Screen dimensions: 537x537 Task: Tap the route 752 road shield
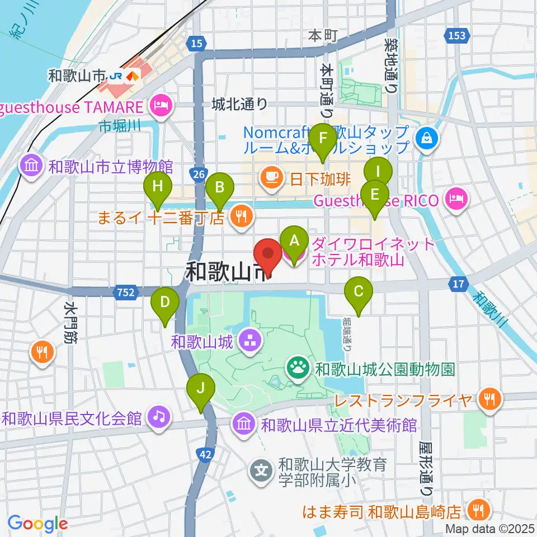pos(126,291)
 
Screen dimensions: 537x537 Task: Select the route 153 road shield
pos(456,35)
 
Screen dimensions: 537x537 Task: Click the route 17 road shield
pos(459,285)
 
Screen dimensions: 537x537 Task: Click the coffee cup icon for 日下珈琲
pos(271,178)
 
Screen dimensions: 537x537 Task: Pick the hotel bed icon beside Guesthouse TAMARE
pos(161,105)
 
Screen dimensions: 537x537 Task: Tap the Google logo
pos(37,523)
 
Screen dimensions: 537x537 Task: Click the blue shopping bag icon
pos(427,136)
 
